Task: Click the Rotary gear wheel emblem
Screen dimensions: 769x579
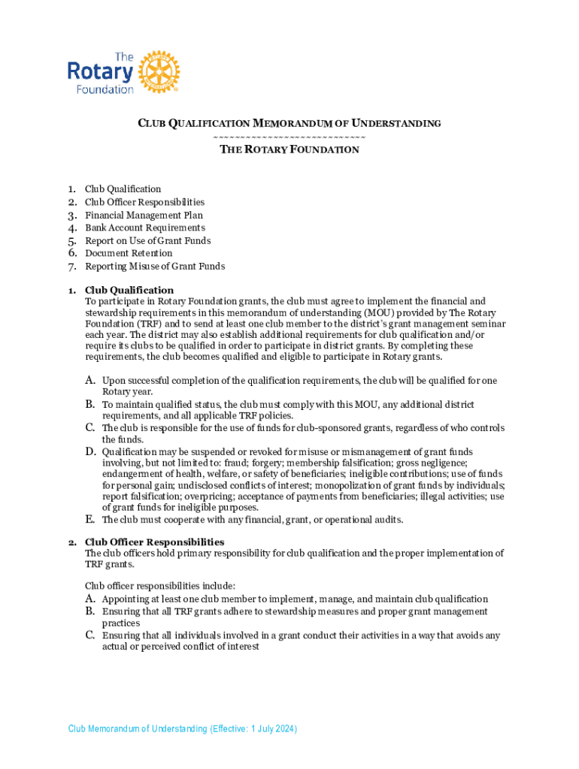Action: (x=159, y=72)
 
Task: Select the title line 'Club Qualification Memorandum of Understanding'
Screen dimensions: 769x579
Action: (x=289, y=123)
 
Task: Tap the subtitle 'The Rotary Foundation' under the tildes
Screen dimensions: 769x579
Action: (x=289, y=149)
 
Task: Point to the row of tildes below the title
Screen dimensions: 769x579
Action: (x=289, y=137)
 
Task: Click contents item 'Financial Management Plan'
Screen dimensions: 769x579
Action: (x=144, y=215)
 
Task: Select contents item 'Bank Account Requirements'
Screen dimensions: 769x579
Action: (x=144, y=228)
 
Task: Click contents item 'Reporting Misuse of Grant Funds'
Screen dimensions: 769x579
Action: (x=154, y=266)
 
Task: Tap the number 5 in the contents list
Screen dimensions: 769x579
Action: (x=72, y=241)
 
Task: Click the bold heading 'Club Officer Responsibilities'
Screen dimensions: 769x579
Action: (x=154, y=541)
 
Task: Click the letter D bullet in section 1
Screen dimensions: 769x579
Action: (x=89, y=452)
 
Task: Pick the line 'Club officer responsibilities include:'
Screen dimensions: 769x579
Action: (x=160, y=586)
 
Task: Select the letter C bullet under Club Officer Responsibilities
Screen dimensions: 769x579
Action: (x=89, y=635)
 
